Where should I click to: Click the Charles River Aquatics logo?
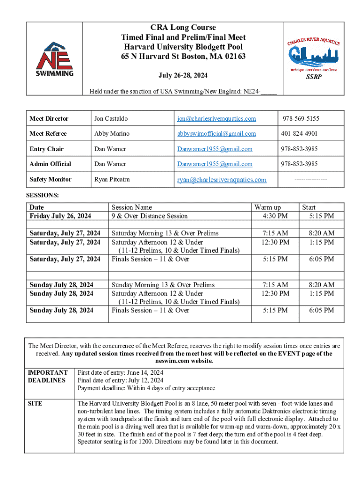[x=314, y=55]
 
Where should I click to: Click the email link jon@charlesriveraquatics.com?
[x=216, y=119]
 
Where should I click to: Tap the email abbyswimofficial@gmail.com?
[x=216, y=134]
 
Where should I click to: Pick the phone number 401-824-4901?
[x=299, y=134]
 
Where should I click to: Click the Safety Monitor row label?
[x=50, y=180]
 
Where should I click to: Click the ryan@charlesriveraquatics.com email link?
[x=222, y=180]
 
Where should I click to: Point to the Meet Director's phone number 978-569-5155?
[x=301, y=119]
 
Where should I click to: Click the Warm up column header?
[x=267, y=207]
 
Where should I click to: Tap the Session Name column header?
[x=131, y=207]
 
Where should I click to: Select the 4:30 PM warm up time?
[x=275, y=216]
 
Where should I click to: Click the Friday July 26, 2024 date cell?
[x=60, y=216]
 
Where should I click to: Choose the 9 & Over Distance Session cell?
[x=149, y=216]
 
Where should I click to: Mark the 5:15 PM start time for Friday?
[x=321, y=216]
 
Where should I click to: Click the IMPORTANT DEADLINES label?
[x=48, y=377]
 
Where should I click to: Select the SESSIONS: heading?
[x=42, y=196]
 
